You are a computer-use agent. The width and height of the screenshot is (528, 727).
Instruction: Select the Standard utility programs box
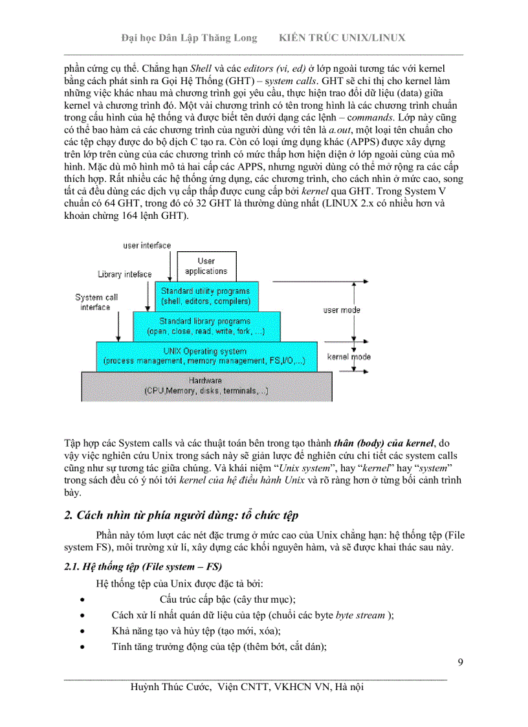coord(206,296)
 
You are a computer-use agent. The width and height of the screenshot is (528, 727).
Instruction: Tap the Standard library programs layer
coord(206,326)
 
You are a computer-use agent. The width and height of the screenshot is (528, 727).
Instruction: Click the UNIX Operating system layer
coord(206,356)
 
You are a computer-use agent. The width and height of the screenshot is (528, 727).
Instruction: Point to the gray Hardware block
coord(206,386)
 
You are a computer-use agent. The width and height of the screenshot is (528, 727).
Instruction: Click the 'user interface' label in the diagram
coord(147,245)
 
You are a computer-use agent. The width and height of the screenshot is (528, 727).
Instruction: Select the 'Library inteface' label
coord(125,274)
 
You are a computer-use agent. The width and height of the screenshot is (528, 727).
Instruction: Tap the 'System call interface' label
coord(96,302)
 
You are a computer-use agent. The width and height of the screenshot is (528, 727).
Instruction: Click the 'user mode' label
coord(342,310)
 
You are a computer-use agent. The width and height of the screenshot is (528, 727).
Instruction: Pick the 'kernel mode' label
coord(349,357)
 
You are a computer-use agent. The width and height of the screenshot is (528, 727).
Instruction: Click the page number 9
coord(459,662)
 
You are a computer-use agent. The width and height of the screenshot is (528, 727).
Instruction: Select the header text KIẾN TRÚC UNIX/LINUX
coord(342,38)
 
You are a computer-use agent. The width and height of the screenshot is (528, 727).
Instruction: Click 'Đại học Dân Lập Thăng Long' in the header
coord(189,38)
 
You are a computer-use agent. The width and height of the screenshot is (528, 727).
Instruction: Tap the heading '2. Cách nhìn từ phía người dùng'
coord(182,515)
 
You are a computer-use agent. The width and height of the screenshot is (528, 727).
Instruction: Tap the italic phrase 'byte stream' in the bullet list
coord(361,614)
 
